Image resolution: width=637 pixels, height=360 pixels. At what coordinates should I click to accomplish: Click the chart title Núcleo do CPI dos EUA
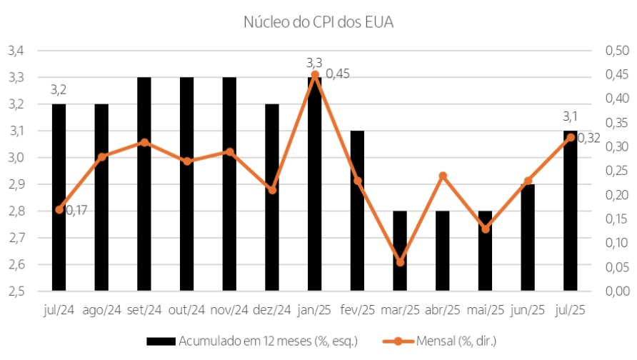point(318,22)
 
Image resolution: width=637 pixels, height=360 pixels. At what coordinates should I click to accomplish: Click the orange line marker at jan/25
point(314,74)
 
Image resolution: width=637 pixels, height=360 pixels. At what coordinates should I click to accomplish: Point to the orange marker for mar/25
point(400,262)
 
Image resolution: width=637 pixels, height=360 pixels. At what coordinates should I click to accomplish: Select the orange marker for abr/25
point(443,176)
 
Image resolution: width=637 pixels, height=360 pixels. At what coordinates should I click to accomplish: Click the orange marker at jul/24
point(59,209)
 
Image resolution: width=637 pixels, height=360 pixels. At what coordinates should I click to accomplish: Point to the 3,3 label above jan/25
point(314,63)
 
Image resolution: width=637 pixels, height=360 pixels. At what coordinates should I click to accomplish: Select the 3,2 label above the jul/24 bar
point(59,90)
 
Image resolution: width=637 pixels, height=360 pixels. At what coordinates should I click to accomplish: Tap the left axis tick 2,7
point(16,238)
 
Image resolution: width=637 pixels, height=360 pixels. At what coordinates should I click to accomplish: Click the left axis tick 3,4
point(16,51)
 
